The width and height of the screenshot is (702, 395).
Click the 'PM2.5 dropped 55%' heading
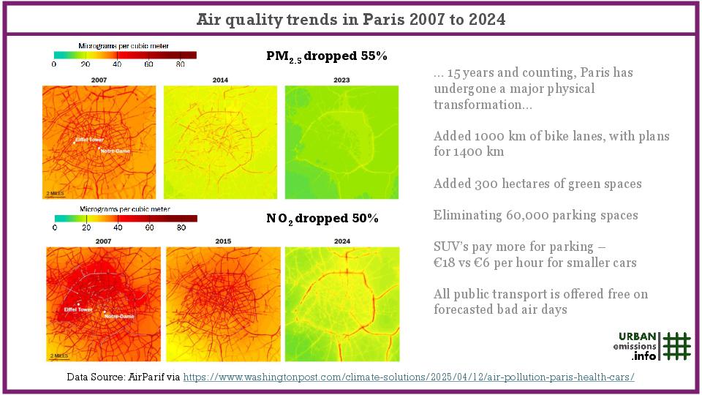click(x=326, y=57)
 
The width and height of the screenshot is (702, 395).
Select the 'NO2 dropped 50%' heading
click(x=322, y=219)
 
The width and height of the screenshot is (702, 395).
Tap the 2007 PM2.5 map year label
click(x=99, y=79)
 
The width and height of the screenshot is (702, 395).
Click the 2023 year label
click(x=341, y=79)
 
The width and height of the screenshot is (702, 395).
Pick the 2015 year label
click(x=223, y=241)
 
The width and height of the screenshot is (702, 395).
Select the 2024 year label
click(x=341, y=241)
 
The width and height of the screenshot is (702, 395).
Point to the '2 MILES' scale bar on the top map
click(x=55, y=193)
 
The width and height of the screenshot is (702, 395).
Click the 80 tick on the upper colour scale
click(x=180, y=65)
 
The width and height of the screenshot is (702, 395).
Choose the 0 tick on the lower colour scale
click(x=55, y=227)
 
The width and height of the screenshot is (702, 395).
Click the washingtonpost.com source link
click(x=408, y=377)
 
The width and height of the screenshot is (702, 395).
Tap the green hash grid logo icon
click(x=677, y=346)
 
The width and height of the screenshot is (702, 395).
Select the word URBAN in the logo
click(x=637, y=336)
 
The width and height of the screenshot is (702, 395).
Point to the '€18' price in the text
click(x=445, y=263)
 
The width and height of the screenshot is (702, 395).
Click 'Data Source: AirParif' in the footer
click(x=122, y=377)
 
